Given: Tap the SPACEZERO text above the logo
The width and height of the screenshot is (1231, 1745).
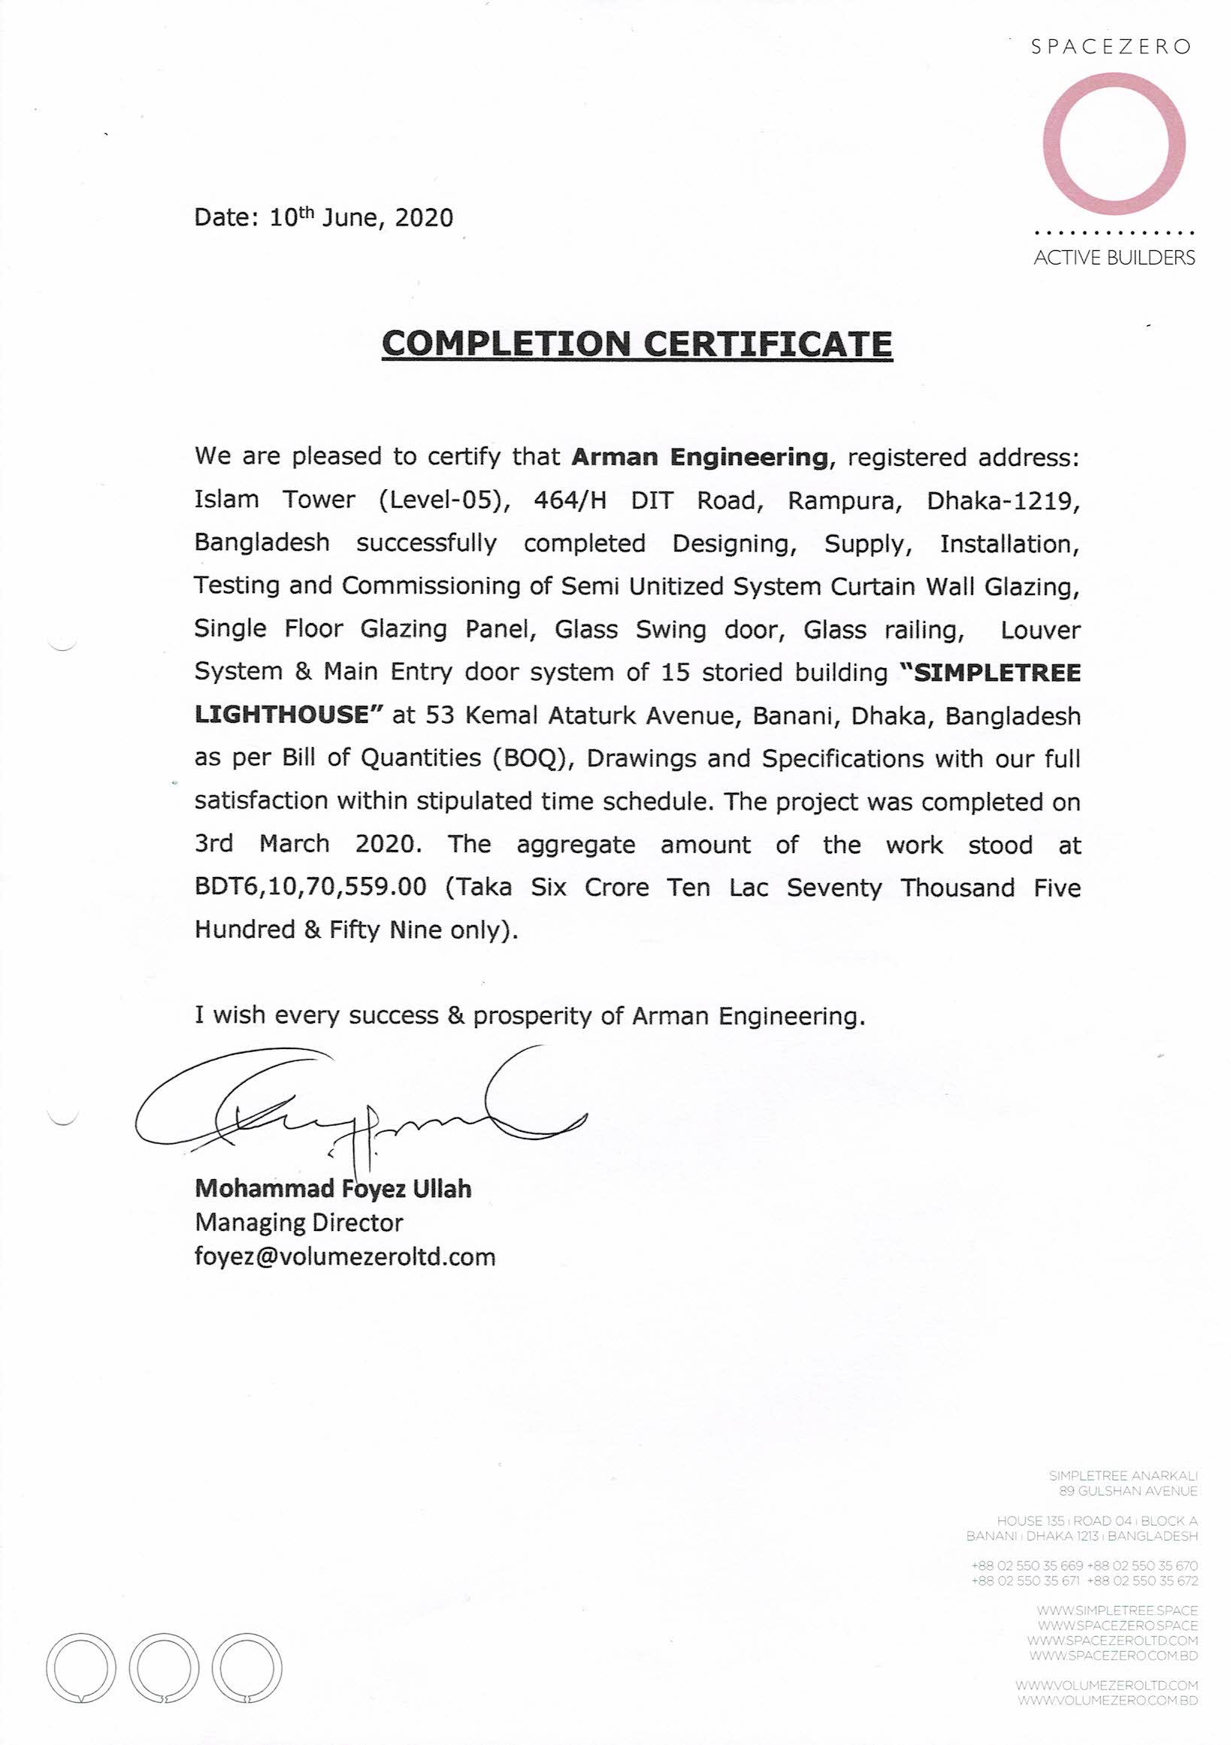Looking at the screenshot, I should tap(1110, 47).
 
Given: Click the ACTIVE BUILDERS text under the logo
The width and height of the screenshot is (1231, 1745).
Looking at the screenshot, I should tap(1114, 258).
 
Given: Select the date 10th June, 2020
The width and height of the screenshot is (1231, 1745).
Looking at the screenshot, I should tap(361, 218).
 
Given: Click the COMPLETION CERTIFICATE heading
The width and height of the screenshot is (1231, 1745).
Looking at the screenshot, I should tap(637, 343).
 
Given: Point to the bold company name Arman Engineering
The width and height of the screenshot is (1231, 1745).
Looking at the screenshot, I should tap(699, 457).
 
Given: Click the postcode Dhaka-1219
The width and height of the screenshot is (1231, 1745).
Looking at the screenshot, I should tap(1003, 501).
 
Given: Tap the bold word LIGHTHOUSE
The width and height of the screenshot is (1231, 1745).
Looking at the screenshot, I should tap(281, 715).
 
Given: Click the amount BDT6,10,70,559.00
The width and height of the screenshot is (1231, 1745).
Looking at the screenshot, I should tap(310, 887).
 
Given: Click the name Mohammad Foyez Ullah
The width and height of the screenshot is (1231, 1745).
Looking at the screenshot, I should tap(333, 1189).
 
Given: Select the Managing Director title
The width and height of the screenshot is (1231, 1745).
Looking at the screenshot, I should tap(298, 1223).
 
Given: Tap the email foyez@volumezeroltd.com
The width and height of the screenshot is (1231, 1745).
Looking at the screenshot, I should tap(345, 1257).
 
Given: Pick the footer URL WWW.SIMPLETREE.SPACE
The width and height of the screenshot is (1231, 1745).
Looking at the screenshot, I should tap(1117, 1610).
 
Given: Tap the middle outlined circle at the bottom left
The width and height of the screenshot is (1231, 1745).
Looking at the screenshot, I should tap(164, 1668).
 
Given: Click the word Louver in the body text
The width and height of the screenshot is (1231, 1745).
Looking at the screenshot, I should tap(1039, 630).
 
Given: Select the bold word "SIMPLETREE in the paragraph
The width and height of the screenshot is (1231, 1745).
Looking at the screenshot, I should tap(989, 673).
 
